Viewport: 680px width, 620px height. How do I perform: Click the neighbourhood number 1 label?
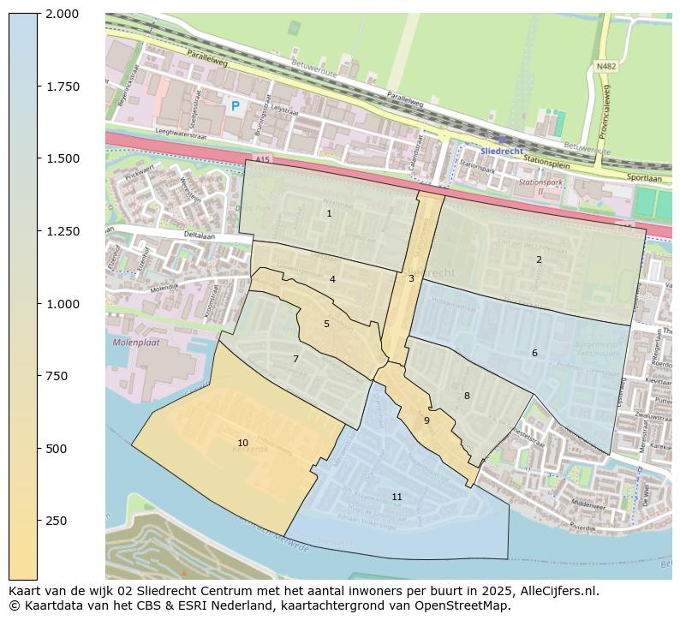[x=329, y=213]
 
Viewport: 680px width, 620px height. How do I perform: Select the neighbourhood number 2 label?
[x=539, y=259]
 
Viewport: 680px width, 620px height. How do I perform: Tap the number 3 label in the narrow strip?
[x=411, y=278]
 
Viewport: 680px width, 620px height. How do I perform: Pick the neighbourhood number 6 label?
[x=534, y=353]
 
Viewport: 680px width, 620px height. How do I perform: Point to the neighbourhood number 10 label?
[x=242, y=443]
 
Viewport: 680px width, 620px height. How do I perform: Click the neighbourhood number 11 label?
[x=397, y=497]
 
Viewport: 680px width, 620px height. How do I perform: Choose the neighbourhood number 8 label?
[x=467, y=396]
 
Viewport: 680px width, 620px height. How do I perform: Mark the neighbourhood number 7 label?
[x=295, y=359]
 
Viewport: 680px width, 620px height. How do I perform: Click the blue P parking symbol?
[x=235, y=106]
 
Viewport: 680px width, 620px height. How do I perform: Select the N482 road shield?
[x=606, y=66]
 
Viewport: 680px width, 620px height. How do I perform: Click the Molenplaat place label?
[x=135, y=343]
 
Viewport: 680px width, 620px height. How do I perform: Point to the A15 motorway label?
[x=262, y=159]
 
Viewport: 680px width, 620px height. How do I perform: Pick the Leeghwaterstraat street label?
[x=182, y=134]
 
